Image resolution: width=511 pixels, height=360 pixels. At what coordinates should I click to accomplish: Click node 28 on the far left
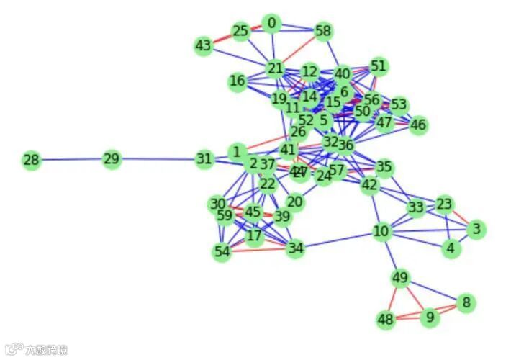pos(31,160)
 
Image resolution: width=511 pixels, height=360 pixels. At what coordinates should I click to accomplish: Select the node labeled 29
pos(111,159)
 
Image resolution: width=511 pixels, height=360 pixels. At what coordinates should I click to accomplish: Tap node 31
pos(204,159)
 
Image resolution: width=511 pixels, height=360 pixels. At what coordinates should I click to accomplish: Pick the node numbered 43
pos(204,46)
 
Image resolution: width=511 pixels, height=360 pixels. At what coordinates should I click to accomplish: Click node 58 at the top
pos(323,31)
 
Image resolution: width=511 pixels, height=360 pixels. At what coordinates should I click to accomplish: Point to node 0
pos(271,24)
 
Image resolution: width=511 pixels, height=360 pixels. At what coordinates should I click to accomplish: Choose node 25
pos(240,31)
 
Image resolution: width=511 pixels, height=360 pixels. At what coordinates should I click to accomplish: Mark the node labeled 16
pos(238,81)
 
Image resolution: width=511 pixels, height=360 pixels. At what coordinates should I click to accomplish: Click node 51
pos(379,67)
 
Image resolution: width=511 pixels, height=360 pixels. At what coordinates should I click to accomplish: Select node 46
pos(418,125)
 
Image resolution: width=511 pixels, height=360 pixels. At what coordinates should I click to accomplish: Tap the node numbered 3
pos(476,230)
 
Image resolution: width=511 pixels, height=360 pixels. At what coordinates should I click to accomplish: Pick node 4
pos(451,248)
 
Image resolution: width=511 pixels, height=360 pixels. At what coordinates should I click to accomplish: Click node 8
pos(466,303)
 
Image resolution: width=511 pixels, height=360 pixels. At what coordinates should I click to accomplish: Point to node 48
pos(386,320)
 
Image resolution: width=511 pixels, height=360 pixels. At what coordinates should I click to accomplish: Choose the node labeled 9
pos(430,318)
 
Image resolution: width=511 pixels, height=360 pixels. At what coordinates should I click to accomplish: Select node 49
pos(401,278)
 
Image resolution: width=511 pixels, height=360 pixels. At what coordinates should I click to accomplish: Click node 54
pos(222,252)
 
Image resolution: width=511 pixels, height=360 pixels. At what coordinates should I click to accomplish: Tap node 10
pos(381,232)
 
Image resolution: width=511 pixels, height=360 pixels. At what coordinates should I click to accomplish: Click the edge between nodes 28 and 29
pos(71,160)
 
